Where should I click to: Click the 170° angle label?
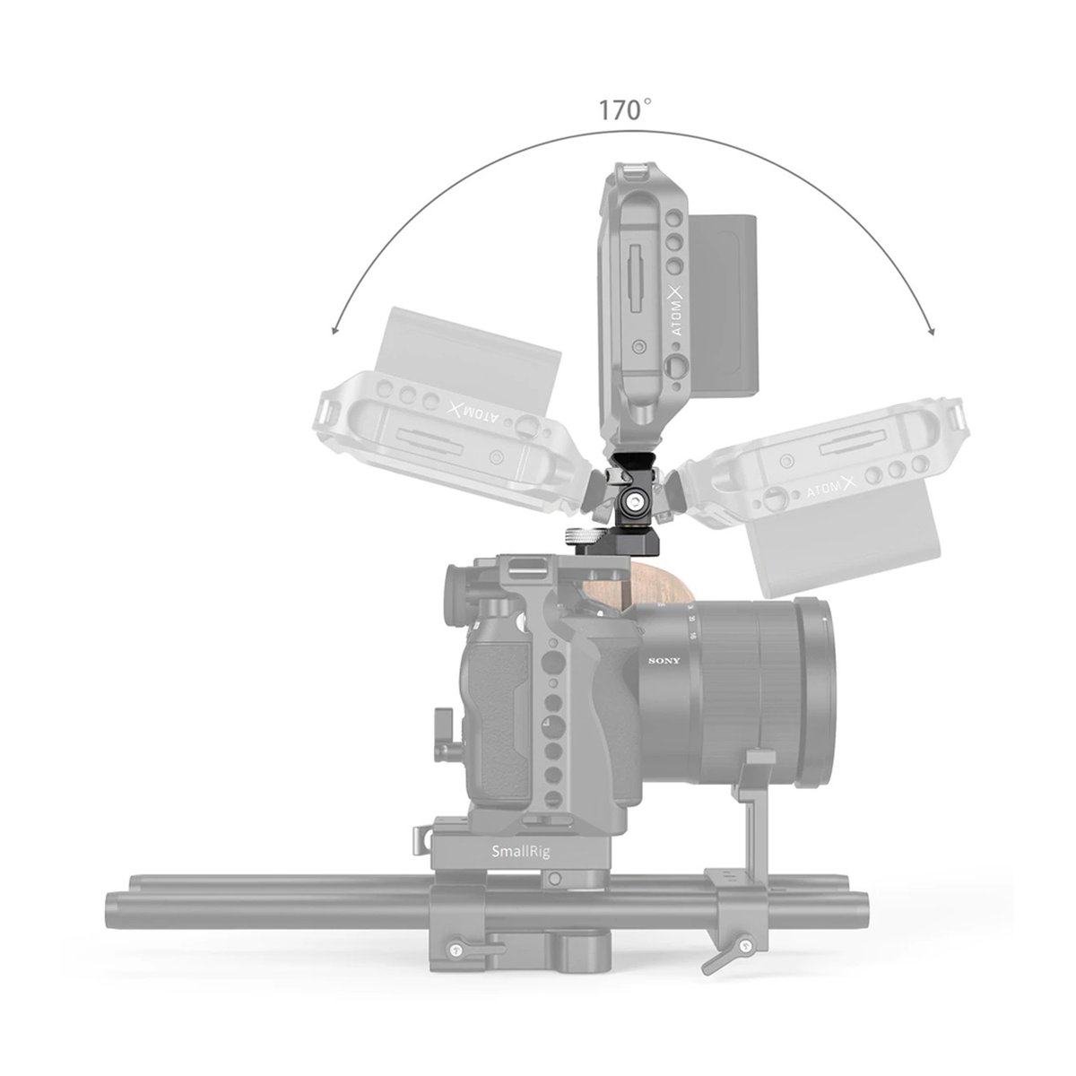625,111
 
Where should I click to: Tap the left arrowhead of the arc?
334,330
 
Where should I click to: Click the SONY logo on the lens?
664,661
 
